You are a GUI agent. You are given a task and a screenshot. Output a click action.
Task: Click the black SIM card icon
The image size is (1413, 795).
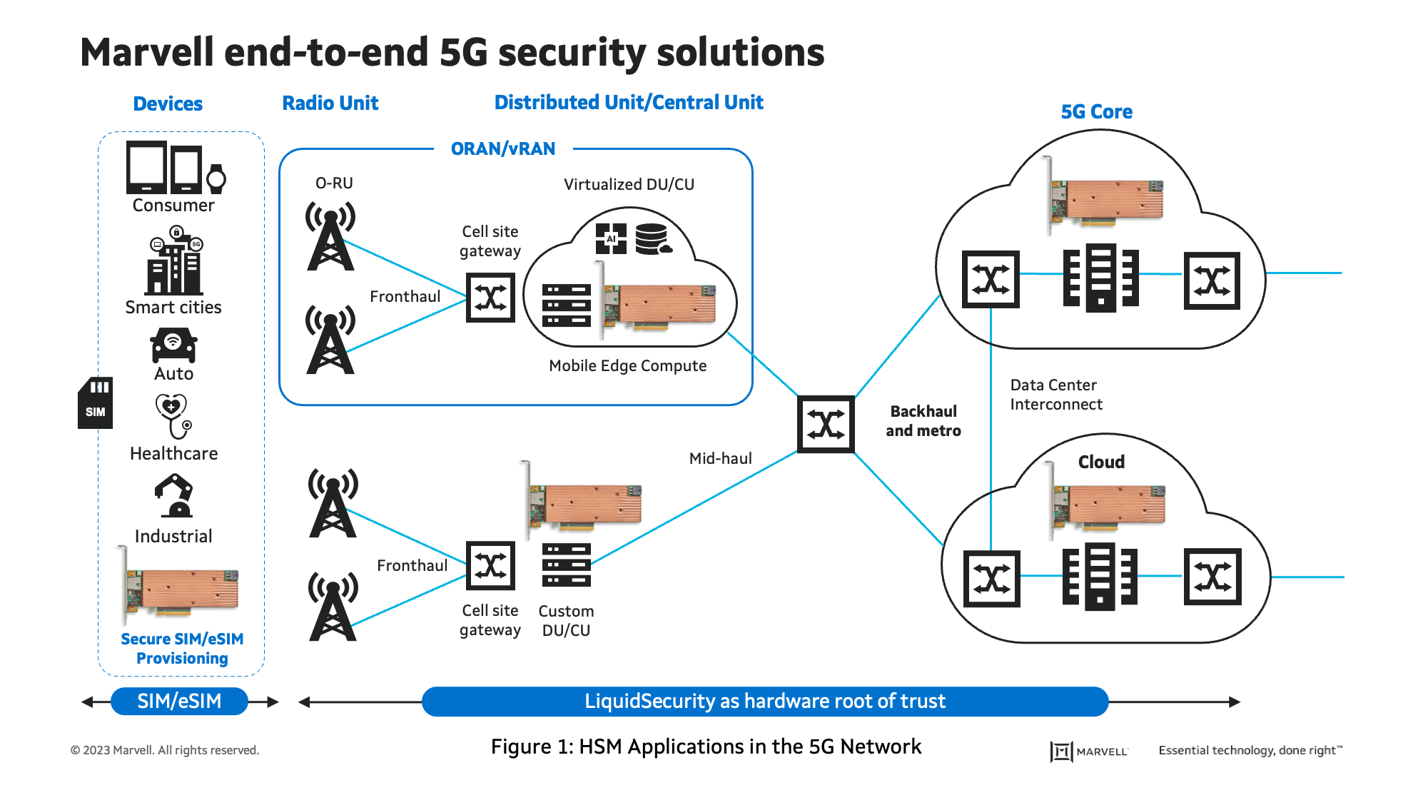click(95, 403)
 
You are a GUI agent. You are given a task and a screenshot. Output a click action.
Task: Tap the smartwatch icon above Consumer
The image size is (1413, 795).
click(216, 178)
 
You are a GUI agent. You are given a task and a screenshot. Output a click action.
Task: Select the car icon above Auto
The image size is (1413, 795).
click(173, 345)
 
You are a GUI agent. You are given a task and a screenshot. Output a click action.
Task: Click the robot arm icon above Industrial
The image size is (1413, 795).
click(174, 496)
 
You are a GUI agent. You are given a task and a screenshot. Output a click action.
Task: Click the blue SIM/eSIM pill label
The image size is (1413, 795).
click(179, 702)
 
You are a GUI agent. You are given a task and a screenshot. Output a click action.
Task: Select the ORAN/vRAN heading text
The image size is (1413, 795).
click(503, 148)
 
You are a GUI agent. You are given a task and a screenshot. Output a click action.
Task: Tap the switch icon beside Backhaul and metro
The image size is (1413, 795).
click(826, 425)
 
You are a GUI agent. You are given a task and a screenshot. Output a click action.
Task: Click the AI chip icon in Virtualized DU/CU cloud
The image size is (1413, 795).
click(611, 238)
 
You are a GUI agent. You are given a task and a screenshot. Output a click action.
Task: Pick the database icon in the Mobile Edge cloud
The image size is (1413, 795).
click(652, 239)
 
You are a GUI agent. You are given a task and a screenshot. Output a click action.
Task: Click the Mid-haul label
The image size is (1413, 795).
click(720, 458)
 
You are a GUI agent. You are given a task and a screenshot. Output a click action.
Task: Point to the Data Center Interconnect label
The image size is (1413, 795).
click(1055, 395)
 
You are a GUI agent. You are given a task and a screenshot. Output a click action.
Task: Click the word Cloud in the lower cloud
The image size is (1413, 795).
click(1101, 462)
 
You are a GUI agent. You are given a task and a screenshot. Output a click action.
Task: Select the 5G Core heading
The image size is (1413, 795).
click(1096, 112)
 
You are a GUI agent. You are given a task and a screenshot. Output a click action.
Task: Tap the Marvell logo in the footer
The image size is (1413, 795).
click(1089, 751)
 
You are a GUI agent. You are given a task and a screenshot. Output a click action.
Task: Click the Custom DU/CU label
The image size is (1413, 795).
click(566, 621)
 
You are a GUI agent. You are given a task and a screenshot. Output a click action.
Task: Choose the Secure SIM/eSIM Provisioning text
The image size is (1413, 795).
click(182, 649)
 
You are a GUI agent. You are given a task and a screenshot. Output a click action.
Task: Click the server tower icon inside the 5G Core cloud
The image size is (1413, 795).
click(1100, 278)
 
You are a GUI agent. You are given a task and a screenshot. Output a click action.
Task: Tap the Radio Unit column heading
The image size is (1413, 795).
click(330, 103)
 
